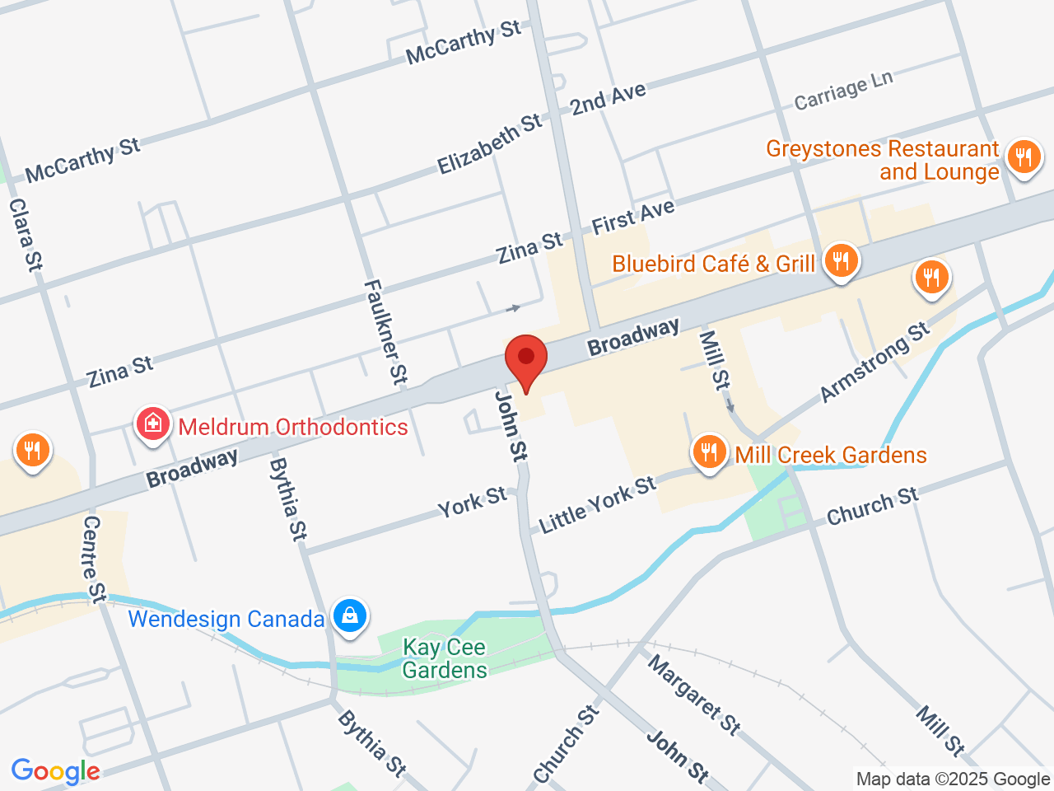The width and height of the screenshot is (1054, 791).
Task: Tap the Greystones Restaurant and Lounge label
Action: (x=882, y=160)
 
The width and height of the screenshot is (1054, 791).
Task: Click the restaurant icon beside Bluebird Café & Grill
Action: (x=840, y=261)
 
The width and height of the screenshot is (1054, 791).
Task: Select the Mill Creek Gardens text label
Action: (x=830, y=455)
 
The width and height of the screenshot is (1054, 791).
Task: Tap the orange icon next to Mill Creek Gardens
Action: (x=708, y=452)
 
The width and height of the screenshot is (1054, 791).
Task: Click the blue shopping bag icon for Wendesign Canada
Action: (x=350, y=615)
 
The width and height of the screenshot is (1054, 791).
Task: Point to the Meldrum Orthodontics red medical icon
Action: (x=152, y=424)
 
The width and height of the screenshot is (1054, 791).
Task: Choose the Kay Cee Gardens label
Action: (x=445, y=658)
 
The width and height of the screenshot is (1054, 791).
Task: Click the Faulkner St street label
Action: (x=385, y=332)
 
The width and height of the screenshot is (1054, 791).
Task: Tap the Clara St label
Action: (x=26, y=235)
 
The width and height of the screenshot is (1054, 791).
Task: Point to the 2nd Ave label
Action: (x=609, y=99)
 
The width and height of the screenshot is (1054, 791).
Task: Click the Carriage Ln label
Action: (x=843, y=91)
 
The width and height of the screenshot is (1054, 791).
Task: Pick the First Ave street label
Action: (x=633, y=217)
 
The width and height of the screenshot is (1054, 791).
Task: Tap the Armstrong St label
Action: (x=874, y=363)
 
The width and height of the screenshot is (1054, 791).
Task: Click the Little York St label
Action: (x=597, y=504)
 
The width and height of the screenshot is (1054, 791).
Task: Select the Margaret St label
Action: (x=693, y=694)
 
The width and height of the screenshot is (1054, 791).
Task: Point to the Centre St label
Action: (x=95, y=559)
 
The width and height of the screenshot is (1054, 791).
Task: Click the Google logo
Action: (x=55, y=771)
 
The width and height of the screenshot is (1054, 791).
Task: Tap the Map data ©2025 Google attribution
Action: (x=953, y=779)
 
